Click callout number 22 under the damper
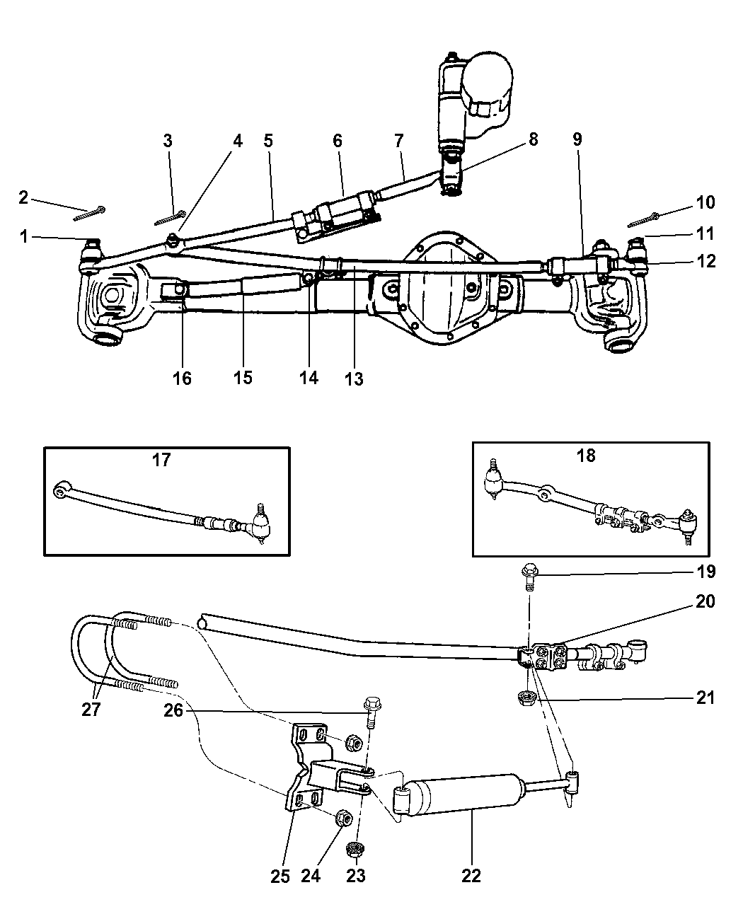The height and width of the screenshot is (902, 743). click(x=471, y=876)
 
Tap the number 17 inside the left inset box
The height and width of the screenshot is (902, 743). click(x=161, y=460)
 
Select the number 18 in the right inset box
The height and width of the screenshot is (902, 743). click(x=586, y=456)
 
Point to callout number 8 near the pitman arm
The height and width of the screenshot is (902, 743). click(x=532, y=139)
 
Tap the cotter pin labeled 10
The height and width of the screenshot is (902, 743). click(x=644, y=220)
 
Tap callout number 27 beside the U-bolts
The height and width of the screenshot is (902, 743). click(x=91, y=709)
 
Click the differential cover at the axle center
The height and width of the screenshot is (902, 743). click(x=446, y=287)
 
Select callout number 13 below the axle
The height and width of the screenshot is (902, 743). click(x=354, y=379)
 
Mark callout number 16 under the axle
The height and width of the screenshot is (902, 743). click(x=182, y=378)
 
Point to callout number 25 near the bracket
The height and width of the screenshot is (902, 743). click(x=280, y=876)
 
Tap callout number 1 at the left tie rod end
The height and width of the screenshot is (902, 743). click(x=24, y=237)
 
